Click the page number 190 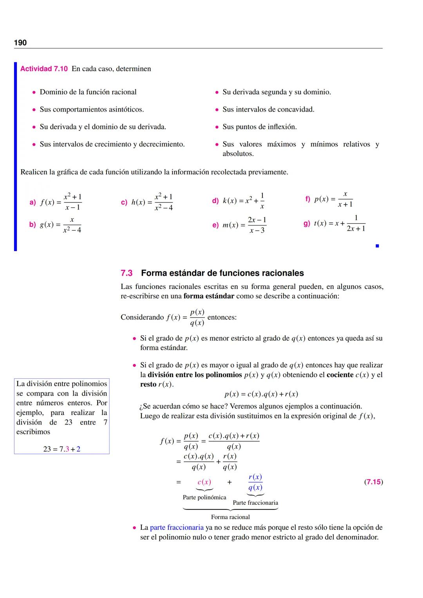point(20,43)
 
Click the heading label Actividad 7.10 point(44,69)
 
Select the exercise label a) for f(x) point(33,202)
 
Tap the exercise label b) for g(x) point(33,225)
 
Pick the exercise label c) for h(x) point(124,202)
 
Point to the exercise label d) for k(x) point(215,201)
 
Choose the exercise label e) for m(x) point(215,225)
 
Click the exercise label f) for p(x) point(307,199)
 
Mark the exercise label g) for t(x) point(307,223)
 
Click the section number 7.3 point(127,273)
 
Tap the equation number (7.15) point(373,482)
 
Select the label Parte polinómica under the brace point(204,497)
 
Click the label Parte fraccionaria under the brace point(255,503)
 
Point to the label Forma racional point(230,517)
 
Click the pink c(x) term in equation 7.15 point(204,482)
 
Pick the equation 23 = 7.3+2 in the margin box point(61,449)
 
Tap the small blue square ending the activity point(377,246)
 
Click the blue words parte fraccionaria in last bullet point(177,528)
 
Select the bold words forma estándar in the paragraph point(208,296)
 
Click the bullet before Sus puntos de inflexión point(217,127)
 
